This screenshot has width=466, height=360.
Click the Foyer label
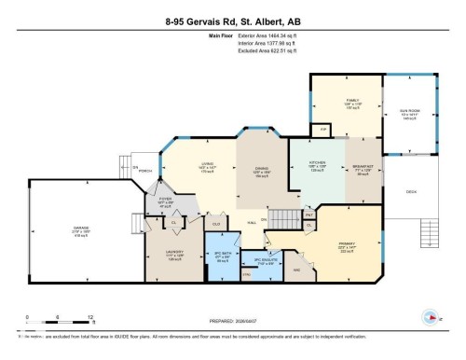tap(165, 201)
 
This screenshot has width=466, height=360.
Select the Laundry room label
tap(172, 256)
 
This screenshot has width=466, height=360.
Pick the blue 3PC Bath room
tap(222, 257)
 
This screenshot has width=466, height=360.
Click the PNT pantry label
tap(309, 213)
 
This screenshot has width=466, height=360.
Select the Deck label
tap(411, 193)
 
